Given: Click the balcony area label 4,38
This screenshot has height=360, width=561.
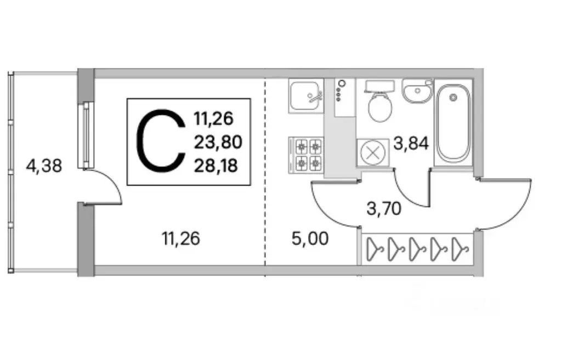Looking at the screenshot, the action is pyautogui.click(x=44, y=166).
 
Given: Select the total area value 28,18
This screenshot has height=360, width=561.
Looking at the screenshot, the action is pyautogui.click(x=216, y=166).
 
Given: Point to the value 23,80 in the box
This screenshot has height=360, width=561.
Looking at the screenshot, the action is pyautogui.click(x=218, y=142).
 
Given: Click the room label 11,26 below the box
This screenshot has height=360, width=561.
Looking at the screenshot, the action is pyautogui.click(x=180, y=238).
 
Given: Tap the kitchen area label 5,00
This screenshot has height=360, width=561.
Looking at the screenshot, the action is pyautogui.click(x=310, y=239).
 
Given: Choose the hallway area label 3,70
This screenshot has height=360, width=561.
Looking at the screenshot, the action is pyautogui.click(x=384, y=208).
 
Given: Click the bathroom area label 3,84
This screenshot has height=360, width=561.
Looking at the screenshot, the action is pyautogui.click(x=411, y=144).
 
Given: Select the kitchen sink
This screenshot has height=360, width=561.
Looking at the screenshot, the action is pyautogui.click(x=306, y=96).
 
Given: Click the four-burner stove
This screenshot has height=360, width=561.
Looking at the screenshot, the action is pyautogui.click(x=306, y=155).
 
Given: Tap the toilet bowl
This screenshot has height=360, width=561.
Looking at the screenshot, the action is pyautogui.click(x=380, y=101).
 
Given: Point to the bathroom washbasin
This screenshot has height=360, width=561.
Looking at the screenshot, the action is pyautogui.click(x=417, y=91).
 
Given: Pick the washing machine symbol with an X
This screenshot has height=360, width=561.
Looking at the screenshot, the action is pyautogui.click(x=373, y=153).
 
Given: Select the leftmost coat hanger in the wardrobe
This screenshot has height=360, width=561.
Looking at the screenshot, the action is pyautogui.click(x=375, y=249).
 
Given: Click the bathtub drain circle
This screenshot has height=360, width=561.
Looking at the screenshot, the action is pyautogui.click(x=454, y=97).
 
